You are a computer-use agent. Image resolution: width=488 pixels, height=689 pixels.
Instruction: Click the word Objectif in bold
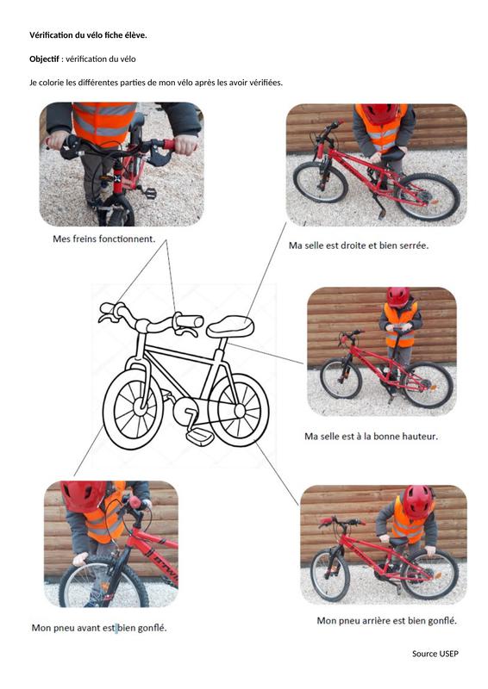click(x=44, y=59)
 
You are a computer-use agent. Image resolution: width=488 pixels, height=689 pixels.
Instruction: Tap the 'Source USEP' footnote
click(x=435, y=654)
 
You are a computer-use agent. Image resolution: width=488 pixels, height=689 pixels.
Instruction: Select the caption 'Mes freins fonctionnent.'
click(x=103, y=239)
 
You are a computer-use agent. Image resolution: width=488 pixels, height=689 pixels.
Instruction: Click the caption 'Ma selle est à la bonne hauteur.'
click(x=371, y=437)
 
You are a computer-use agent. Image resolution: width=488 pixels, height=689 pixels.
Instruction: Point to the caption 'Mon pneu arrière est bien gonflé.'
click(x=387, y=620)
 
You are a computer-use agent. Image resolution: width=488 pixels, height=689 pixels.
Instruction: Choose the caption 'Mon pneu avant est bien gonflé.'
click(x=99, y=628)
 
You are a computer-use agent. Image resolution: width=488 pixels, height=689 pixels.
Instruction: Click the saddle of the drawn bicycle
click(x=230, y=326)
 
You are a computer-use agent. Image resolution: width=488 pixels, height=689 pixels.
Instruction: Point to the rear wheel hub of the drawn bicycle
click(x=240, y=411)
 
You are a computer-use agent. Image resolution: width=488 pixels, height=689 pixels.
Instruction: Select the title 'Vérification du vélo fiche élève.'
click(x=88, y=35)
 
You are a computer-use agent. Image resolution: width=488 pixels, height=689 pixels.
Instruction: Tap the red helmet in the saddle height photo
click(x=397, y=296)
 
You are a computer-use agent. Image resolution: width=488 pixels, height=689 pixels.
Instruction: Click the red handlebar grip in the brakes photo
click(x=169, y=144)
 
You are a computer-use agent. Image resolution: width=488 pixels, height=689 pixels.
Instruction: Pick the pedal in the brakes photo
click(x=150, y=192)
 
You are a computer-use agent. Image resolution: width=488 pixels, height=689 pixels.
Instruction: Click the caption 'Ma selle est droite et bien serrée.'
click(x=359, y=245)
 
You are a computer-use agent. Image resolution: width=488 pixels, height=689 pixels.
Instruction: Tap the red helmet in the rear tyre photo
click(x=417, y=500)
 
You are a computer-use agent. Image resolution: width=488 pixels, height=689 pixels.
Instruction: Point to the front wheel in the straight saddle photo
click(x=321, y=182)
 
